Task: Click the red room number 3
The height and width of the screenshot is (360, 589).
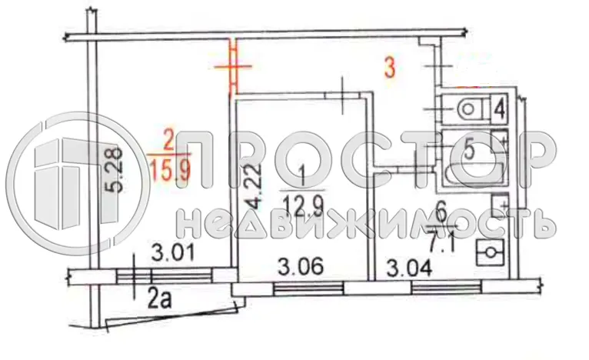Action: [390, 69]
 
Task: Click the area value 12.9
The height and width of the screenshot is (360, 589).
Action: [303, 205]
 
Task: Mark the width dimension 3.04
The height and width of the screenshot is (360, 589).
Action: [409, 268]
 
